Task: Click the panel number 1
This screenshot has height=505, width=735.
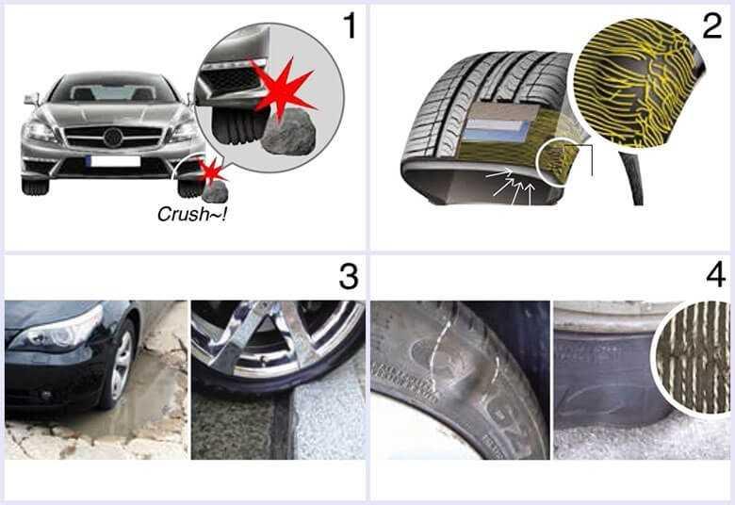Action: [x=351, y=25]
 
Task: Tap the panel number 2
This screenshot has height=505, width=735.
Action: [x=712, y=25]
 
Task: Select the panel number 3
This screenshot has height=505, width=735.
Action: [x=349, y=277]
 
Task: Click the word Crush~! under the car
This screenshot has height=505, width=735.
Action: [x=192, y=214]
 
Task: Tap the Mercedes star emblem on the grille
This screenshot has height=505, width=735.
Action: [x=113, y=138]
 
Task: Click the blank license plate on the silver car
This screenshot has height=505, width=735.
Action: [x=113, y=161]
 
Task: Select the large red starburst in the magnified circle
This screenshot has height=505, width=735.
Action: [x=281, y=87]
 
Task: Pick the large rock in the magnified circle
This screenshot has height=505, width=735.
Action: [x=288, y=132]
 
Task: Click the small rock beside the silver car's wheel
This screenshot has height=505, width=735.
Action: [x=215, y=191]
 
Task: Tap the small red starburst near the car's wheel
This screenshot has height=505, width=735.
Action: [x=212, y=171]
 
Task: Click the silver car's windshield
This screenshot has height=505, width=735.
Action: [x=112, y=92]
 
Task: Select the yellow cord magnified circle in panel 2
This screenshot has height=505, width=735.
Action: [x=639, y=83]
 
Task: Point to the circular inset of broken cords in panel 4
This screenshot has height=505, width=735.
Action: [x=694, y=359]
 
